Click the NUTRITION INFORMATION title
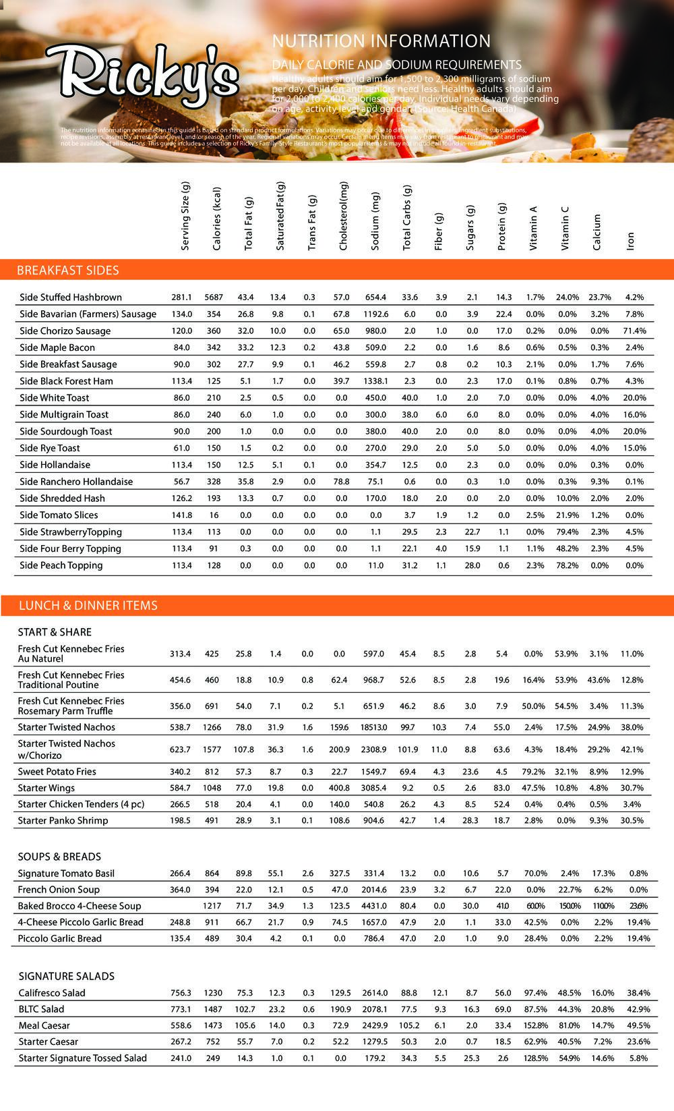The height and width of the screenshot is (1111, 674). tap(381, 41)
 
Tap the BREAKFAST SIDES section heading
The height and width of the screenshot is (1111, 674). tap(67, 270)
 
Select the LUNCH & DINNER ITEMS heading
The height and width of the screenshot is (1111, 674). tap(88, 605)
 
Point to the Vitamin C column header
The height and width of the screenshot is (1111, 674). tap(565, 227)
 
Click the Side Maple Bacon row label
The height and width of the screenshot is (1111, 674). tap(57, 347)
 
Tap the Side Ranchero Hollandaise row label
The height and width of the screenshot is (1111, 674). tap(76, 482)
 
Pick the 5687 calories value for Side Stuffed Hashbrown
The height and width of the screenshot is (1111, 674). tap(214, 297)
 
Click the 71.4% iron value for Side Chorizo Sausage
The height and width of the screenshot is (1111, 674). tap(634, 331)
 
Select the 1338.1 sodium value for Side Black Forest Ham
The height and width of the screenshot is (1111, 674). tap(375, 381)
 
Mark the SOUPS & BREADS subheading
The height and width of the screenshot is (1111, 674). tap(59, 857)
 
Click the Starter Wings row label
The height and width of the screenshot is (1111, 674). tap(47, 788)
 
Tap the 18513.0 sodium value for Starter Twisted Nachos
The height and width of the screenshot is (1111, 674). tap(373, 727)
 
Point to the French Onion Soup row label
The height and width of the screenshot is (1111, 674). tap(59, 890)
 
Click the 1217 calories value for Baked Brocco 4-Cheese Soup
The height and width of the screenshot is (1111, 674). tap(214, 906)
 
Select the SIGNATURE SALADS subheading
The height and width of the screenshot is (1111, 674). tap(66, 976)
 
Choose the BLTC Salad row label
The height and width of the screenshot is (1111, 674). tap(42, 1009)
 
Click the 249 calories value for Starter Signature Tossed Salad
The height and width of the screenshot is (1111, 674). tap(214, 1058)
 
